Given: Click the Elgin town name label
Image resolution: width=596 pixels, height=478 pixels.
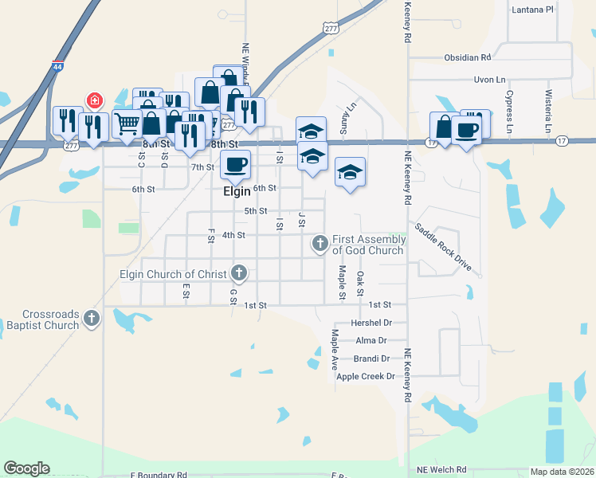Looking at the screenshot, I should coord(237,192).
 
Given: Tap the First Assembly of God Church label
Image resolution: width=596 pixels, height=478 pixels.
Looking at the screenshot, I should coord(368,245).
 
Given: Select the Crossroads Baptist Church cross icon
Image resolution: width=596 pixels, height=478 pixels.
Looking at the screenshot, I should coord(92,319).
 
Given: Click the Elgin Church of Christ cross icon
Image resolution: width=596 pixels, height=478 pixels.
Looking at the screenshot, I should coord(238,274).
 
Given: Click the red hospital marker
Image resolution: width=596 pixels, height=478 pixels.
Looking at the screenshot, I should coord(94,101).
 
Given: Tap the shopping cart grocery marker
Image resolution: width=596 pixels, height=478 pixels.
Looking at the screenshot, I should coord(126,124).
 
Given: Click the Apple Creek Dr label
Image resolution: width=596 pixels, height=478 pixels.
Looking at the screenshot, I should coord(366,377).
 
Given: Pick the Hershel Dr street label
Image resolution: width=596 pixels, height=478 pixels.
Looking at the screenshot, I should coord(376,323).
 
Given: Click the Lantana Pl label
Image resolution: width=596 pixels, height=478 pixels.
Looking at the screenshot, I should coord(534,10).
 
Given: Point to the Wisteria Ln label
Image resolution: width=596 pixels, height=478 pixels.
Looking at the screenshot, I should coord(548,112).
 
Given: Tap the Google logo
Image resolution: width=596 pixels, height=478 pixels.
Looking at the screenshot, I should coord(26,468).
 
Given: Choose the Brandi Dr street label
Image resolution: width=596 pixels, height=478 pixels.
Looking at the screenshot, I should coord(371,358).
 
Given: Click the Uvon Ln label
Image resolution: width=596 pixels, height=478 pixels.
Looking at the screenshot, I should coord(489,80).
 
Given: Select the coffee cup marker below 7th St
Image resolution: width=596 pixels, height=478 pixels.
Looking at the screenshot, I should coord(234,165).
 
